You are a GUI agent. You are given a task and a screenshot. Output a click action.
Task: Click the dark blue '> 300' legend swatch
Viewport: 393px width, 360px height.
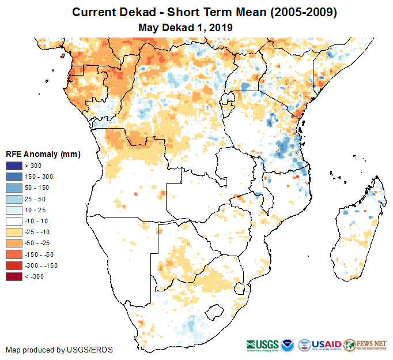pos(14,166)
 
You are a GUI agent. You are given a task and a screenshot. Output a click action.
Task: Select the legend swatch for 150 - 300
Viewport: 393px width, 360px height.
pos(14,177)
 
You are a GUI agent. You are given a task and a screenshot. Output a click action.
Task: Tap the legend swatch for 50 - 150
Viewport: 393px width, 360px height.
pos(14,188)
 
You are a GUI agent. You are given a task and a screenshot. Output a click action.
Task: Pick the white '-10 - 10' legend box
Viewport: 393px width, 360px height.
pos(14,221)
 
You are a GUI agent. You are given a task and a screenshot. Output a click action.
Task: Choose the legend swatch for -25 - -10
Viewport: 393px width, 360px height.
pos(14,232)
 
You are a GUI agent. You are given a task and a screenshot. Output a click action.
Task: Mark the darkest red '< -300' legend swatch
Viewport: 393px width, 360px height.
pos(14,276)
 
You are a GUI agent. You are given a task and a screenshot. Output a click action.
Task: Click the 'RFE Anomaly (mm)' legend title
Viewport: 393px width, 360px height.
pos(43,154)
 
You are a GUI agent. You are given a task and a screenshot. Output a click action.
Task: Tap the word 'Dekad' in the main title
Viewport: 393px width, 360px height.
pos(140,12)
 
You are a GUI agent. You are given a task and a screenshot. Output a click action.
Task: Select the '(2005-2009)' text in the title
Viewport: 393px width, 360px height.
pos(302,12)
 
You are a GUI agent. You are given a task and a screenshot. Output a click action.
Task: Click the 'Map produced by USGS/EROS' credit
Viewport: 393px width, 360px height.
pos(59,350)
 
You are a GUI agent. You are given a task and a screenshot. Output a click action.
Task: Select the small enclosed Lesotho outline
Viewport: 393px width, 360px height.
pos(215,312)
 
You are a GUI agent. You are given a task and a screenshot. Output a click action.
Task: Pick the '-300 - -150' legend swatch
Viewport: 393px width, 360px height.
pos(14,265)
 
